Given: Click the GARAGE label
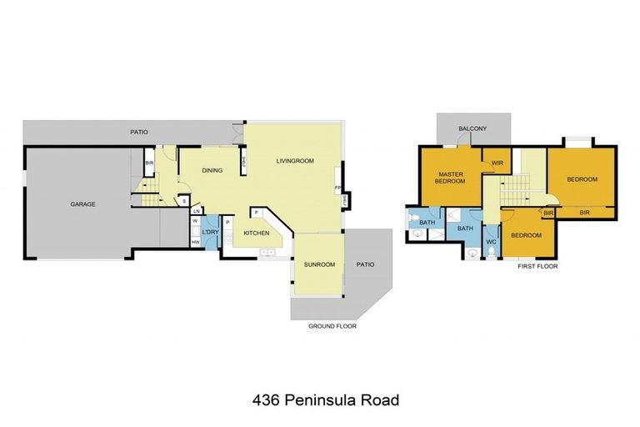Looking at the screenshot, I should [82, 203].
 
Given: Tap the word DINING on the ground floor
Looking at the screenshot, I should [212, 170].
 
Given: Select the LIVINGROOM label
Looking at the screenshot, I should [295, 160].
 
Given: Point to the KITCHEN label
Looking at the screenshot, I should [256, 233].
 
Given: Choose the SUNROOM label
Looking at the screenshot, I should [319, 264].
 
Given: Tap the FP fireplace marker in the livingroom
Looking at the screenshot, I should [337, 188].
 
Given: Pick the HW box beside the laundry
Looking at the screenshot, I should [195, 242].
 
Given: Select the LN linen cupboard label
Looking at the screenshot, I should [196, 211].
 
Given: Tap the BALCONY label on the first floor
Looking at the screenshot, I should [472, 128].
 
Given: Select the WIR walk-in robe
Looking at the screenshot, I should [497, 163].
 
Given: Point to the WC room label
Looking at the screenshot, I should [491, 242].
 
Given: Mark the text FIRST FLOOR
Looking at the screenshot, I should [537, 266].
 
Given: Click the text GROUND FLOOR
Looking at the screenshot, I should [332, 326].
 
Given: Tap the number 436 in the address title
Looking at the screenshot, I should [266, 400].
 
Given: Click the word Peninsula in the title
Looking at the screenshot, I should [321, 400].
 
